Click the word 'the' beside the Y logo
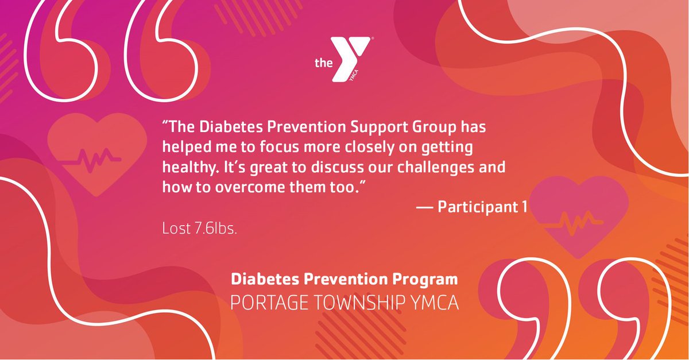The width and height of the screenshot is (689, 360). [324, 63]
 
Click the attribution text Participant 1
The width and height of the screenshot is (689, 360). [482, 207]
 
